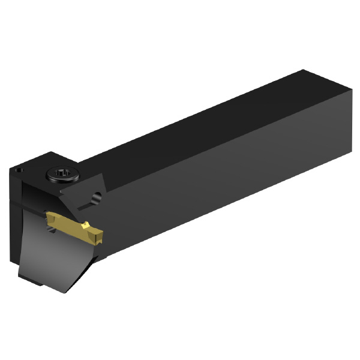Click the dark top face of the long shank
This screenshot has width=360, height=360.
(x=198, y=126)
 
